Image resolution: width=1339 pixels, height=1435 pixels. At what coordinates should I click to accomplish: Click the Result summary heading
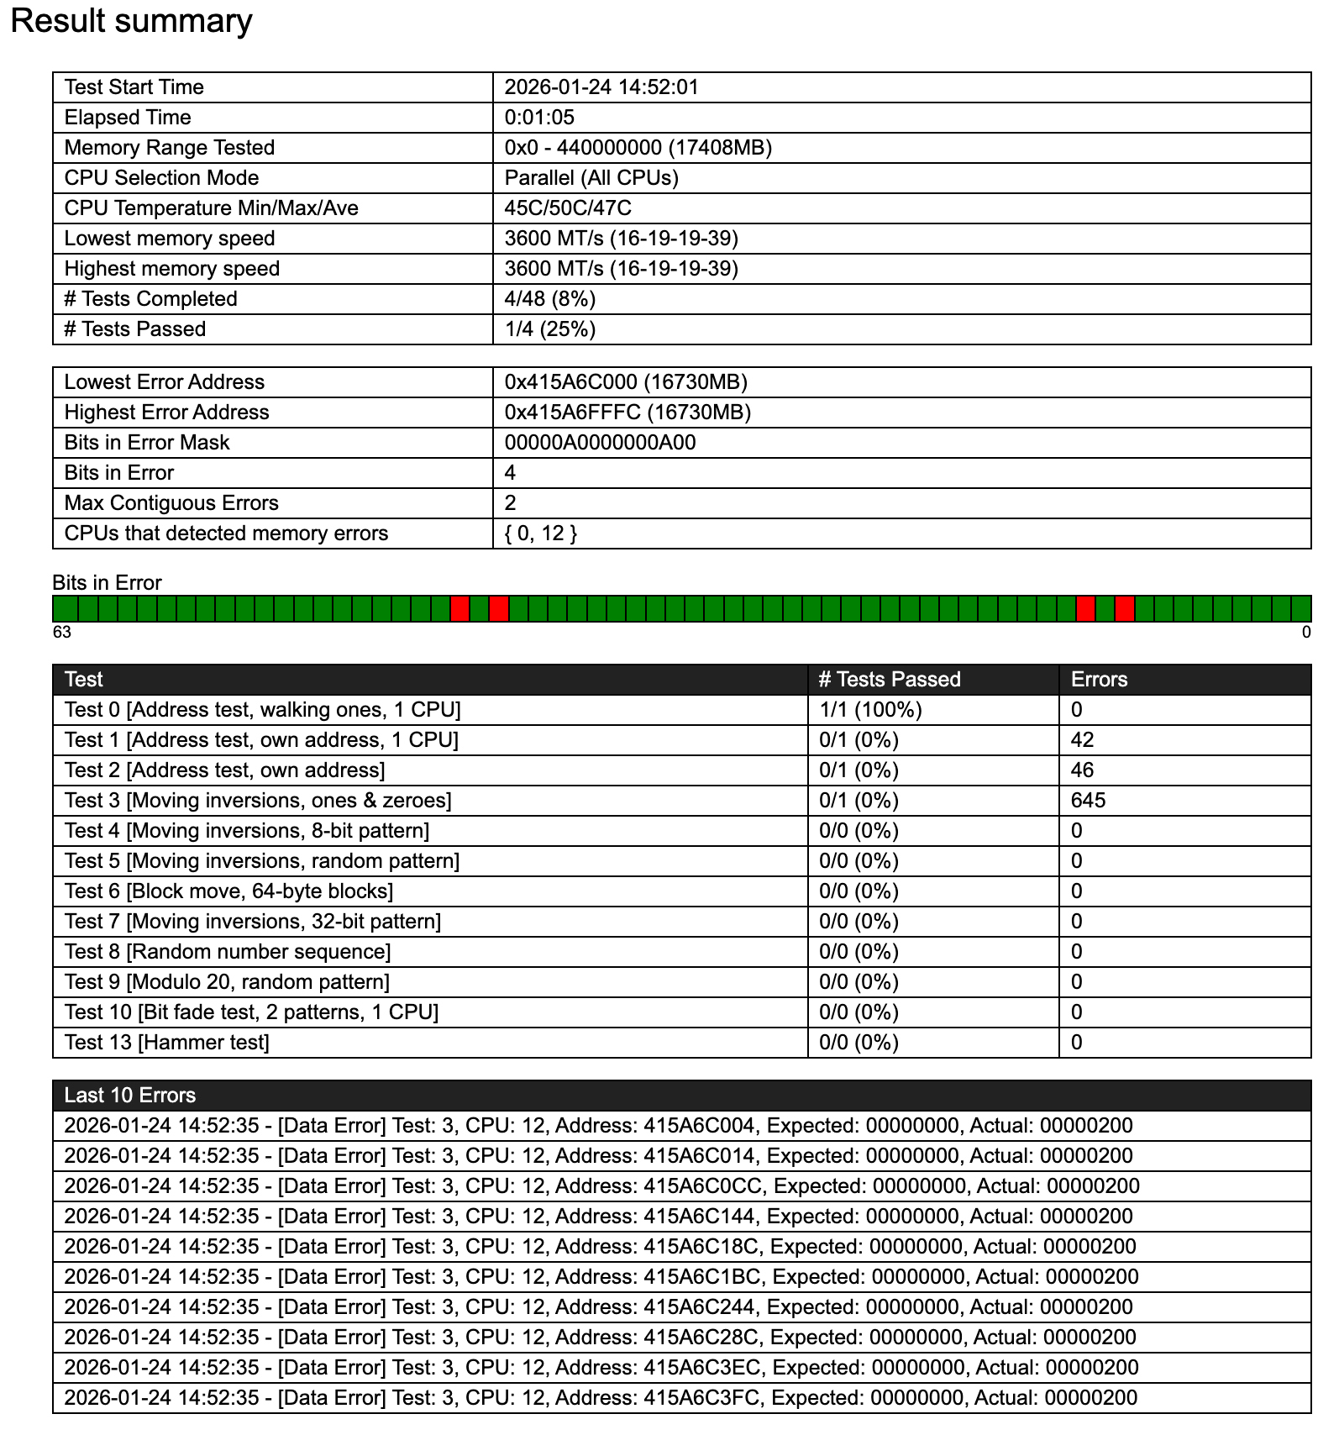131,21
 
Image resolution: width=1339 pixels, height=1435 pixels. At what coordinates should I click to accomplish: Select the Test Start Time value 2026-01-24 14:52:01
601,87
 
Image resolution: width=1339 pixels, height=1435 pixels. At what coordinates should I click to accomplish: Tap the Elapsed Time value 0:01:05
539,118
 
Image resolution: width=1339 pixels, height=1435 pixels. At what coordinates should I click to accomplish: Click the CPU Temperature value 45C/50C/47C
568,208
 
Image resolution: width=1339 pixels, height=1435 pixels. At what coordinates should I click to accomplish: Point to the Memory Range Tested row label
170,148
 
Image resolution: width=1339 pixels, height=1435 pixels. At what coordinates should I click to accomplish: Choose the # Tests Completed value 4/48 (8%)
550,299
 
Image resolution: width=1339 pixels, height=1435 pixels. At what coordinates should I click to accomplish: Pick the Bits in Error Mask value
600,443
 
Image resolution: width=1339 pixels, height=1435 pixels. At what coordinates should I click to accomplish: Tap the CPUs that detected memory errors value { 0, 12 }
540,534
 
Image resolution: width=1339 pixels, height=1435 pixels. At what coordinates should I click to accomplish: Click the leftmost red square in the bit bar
459,608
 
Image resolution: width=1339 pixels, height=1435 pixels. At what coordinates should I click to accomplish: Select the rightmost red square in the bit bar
1125,608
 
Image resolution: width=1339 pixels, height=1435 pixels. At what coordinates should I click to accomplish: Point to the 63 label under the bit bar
62,633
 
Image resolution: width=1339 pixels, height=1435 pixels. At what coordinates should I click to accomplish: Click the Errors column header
1099,680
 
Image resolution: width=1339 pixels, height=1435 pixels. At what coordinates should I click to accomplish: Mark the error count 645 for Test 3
1088,801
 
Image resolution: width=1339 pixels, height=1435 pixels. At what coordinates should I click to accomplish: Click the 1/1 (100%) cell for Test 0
870,710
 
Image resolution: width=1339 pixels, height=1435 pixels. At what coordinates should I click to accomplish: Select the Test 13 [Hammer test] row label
166,1043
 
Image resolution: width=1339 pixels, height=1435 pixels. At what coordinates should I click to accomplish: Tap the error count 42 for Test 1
1082,740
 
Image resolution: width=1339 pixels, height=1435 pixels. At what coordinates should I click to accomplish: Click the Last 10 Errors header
130,1096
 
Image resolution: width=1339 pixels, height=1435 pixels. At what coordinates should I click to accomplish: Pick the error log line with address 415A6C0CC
601,1186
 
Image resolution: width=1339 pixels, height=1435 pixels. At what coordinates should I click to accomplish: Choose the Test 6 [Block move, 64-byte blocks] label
228,891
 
